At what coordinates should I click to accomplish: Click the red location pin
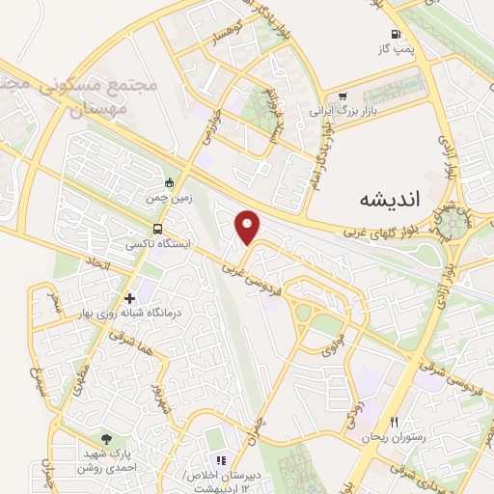pos(249,226)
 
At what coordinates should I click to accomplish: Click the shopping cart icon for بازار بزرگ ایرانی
pos(343,96)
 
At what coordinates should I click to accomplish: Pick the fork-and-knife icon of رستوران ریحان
pos(394,422)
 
